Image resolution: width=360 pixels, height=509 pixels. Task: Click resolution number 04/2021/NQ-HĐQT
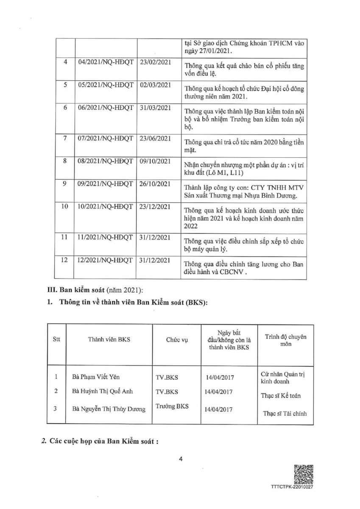coord(106,62)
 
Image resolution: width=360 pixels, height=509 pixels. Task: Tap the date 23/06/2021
coord(155,138)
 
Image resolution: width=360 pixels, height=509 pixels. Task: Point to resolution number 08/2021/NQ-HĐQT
coord(106,161)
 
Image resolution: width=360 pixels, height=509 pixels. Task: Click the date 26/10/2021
coord(155,183)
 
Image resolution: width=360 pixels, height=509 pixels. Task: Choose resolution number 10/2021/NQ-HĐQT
coord(106,207)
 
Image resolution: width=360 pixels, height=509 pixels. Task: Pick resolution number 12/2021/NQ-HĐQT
coord(106,260)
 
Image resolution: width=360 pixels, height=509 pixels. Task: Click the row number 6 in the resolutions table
coord(66,108)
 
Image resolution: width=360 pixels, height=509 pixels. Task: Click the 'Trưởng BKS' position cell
coord(172,406)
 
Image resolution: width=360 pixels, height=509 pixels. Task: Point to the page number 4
coord(180,458)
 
